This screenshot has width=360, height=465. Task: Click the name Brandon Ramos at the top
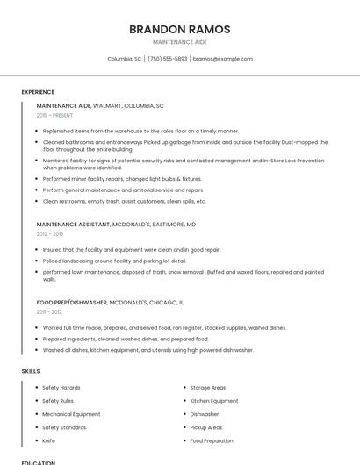[x=179, y=29]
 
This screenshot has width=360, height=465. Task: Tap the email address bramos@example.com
[x=222, y=59]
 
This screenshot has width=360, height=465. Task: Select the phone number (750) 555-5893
[x=167, y=59]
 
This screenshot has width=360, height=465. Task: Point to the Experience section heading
[x=38, y=92]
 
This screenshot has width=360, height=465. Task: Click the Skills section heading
[x=31, y=371]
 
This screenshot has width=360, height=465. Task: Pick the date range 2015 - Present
[x=54, y=115]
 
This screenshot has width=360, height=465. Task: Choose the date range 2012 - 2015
[x=50, y=234]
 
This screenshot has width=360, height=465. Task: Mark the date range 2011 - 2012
[x=49, y=311]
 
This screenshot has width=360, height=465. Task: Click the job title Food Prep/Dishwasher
[x=71, y=302]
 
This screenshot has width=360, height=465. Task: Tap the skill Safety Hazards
[x=61, y=387]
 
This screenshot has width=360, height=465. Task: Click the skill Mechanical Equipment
[x=71, y=414]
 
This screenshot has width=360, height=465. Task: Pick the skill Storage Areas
[x=208, y=387]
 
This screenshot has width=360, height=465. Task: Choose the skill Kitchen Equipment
[x=213, y=401]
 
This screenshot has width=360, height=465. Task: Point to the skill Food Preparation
[x=212, y=440]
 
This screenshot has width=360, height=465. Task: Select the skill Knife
[x=48, y=440]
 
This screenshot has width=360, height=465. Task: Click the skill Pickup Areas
[x=206, y=427]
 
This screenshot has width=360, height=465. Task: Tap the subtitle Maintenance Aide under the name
[x=179, y=42]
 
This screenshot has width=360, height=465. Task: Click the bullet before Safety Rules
[x=35, y=401]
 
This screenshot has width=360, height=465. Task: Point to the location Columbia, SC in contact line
[x=124, y=59]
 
